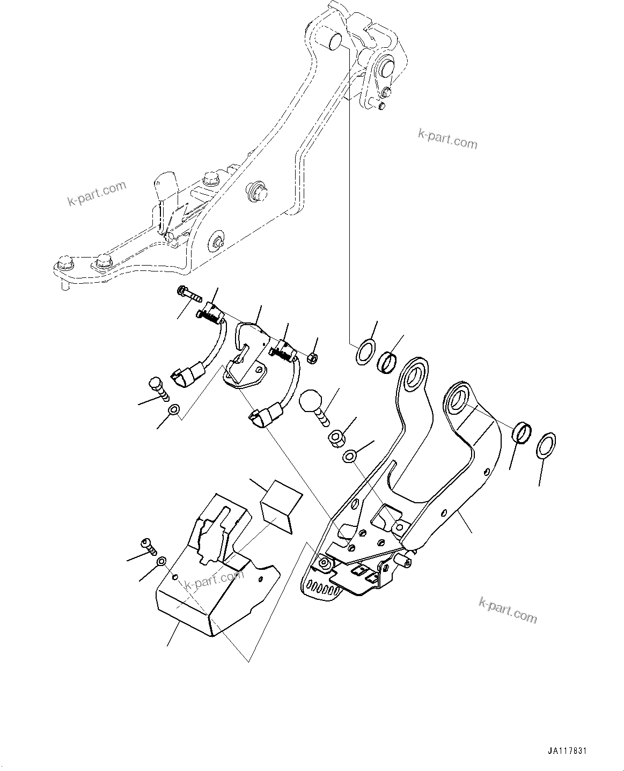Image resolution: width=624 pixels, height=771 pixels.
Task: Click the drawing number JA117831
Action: coord(570,752)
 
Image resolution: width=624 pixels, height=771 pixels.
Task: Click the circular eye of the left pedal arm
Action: coord(415,376)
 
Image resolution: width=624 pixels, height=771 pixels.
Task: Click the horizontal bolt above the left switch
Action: coord(187,292)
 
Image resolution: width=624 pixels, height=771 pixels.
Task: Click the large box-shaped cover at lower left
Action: coord(209,579)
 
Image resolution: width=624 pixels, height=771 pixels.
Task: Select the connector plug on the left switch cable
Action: coord(182,377)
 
